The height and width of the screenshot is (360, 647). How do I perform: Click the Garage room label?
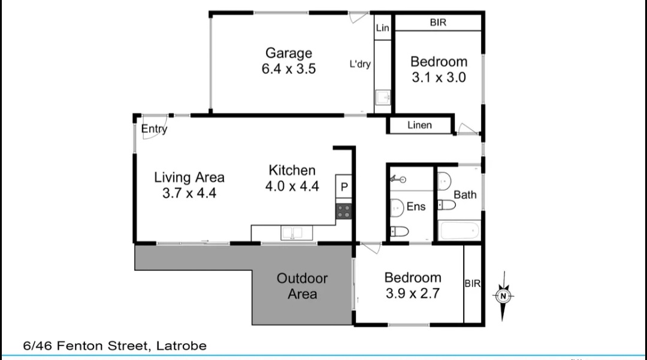288,53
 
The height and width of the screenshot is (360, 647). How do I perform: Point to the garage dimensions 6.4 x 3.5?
288,69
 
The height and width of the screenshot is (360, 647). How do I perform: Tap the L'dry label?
360,64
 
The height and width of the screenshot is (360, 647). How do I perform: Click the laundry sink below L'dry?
383,98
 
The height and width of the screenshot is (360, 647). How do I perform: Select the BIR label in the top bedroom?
438,23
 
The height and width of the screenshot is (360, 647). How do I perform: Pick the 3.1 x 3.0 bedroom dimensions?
439,77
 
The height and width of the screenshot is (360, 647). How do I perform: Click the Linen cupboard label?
419,125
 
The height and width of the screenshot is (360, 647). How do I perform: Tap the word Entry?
154,129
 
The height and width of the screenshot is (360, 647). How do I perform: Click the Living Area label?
189,177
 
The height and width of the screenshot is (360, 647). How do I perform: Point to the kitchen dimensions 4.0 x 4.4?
292,186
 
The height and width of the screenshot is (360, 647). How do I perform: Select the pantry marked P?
344,187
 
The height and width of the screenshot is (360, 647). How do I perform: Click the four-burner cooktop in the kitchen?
344,211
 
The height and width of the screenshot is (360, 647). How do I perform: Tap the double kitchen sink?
297,233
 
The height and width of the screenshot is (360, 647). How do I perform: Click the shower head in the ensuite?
398,179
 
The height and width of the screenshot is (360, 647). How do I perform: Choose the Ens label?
416,207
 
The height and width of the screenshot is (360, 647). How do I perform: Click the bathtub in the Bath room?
459,231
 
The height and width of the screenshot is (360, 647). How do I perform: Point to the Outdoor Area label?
302,286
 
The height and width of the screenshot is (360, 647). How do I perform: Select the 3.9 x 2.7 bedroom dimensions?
413,294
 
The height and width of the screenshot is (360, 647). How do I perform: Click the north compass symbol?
503,296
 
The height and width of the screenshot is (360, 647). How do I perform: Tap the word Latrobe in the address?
181,346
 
